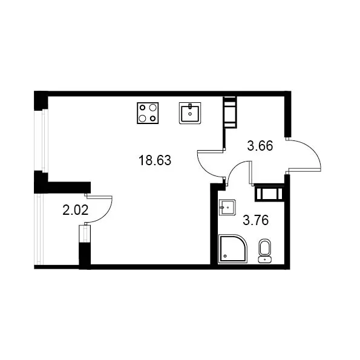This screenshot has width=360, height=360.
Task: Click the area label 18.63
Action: coord(155,160)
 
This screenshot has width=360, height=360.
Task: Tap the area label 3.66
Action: coord(260,146)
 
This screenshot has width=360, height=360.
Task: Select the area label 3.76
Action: coord(255,220)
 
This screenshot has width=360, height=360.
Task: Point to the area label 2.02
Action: coord(76,211)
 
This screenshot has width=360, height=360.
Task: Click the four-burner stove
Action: coord(148,113)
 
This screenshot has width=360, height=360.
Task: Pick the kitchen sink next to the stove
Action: coord(190,113)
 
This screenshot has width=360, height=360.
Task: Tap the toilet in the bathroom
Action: coord(265,251)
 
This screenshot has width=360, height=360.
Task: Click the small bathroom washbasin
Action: coord(227,208)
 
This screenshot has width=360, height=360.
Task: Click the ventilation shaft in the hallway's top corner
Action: coord(230,113)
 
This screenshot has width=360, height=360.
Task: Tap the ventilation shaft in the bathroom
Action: coord(269,193)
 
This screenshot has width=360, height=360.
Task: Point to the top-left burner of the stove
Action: coord(143,108)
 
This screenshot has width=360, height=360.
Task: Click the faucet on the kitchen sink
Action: coord(190,106)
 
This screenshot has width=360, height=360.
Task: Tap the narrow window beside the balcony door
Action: coord(85,234)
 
